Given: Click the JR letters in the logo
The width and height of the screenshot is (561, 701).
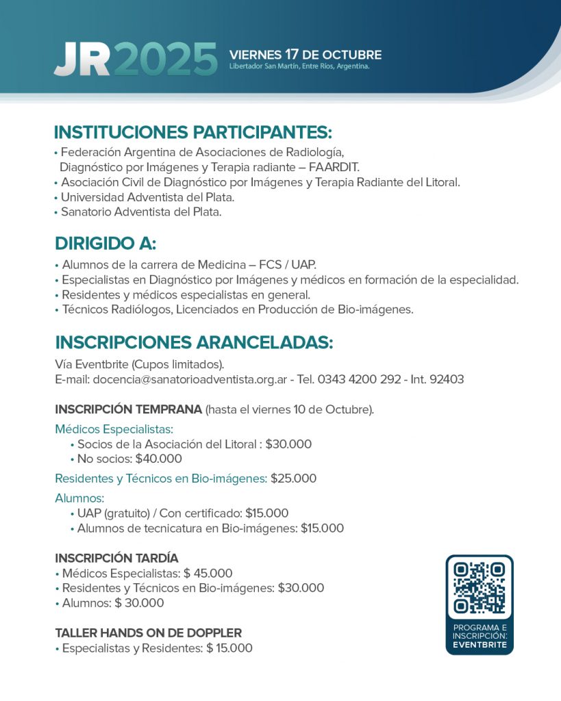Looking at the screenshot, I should (82, 60).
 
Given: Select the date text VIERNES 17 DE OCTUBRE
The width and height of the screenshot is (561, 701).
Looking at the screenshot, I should (306, 55).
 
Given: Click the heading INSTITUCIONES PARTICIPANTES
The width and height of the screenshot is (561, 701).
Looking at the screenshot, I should (192, 132).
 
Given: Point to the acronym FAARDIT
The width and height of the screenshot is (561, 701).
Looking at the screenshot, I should (334, 167).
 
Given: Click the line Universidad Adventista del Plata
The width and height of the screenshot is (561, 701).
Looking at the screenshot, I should (147, 197).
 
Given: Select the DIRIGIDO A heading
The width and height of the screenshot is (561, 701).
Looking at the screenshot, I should (105, 244).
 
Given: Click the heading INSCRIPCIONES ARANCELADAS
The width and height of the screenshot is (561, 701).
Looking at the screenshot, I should (194, 342).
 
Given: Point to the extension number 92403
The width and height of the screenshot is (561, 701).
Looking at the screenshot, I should (447, 379).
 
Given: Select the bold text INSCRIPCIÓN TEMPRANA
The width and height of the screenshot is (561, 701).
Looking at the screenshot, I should (128, 410).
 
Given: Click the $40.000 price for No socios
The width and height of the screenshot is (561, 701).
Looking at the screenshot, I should (159, 459).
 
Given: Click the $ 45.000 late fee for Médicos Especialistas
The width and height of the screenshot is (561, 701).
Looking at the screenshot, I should (208, 574).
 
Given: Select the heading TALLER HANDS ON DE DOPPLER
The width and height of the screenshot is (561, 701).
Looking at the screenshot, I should (148, 633).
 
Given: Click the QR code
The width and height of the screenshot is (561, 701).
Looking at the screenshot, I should (479, 587).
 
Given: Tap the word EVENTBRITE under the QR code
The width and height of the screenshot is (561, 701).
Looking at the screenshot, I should (479, 645).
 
